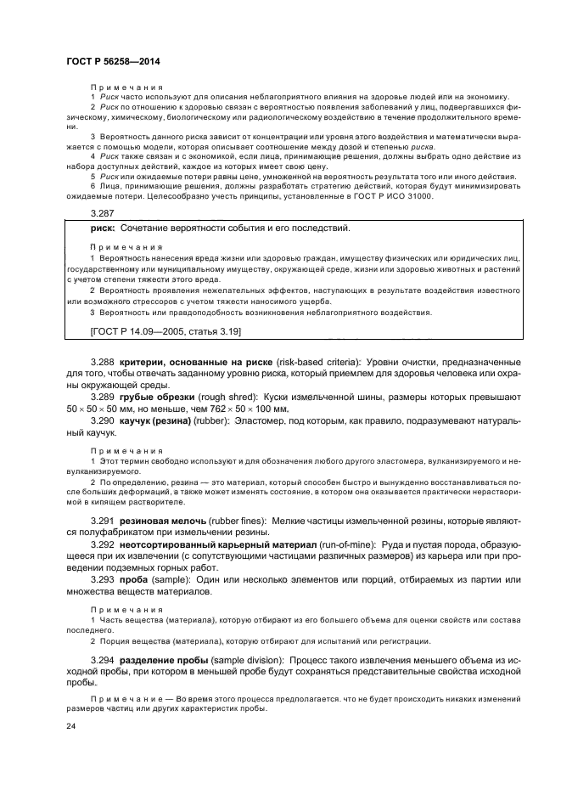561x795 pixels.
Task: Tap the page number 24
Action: tap(70, 727)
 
